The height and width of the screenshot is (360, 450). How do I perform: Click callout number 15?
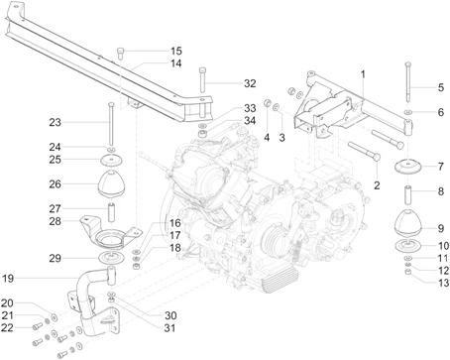[x=175, y=51]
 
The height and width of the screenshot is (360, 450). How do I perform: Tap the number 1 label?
[x=363, y=75]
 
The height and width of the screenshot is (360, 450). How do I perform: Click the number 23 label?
[x=55, y=122]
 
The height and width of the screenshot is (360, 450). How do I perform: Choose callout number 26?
[x=55, y=183]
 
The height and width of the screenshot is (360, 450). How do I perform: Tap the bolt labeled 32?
[x=201, y=84]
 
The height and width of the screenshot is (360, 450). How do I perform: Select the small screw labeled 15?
[x=121, y=51]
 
